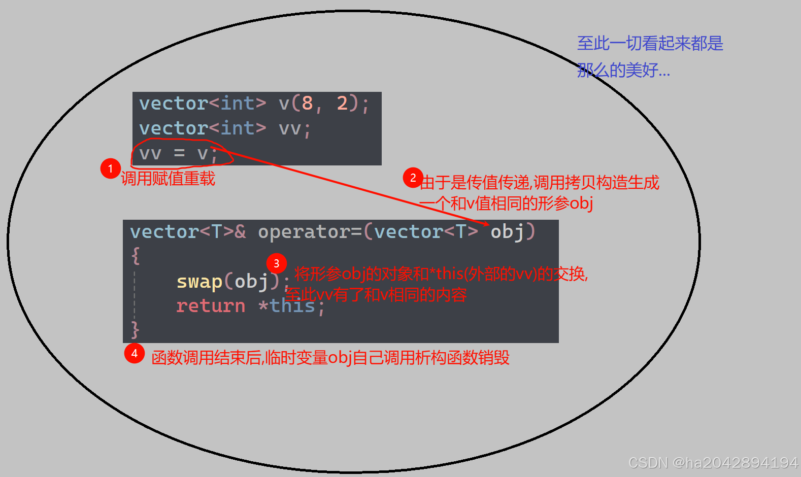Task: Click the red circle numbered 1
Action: coord(110,168)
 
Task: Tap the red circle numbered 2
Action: coord(413,178)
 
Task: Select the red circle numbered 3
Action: coord(276,263)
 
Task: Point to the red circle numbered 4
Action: coord(135,353)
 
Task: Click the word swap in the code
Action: coord(199,281)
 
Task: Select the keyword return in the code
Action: coord(210,306)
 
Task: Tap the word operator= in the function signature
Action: coord(310,232)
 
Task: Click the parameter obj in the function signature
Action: coord(507,232)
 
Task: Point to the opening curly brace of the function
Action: coord(135,255)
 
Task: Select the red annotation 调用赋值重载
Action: coord(168,179)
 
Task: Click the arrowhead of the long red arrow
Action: coord(486,223)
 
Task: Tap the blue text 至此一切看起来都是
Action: coord(650,44)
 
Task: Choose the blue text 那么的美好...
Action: coord(623,70)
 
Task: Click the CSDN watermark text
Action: coord(713,463)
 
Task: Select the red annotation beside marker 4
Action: coord(330,358)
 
